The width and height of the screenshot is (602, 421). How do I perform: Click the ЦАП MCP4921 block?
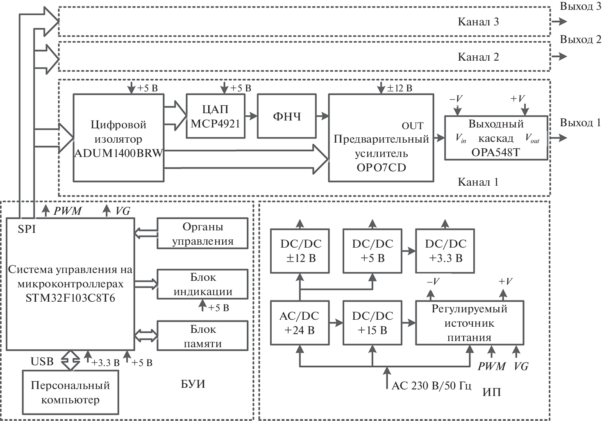tap(216, 116)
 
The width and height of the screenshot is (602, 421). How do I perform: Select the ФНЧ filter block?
tap(287, 116)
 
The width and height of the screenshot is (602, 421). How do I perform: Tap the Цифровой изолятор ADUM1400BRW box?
tap(118, 138)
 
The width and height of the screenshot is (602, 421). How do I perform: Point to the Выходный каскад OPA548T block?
tap(496, 138)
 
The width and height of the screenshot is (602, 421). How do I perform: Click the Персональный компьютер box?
tap(70, 392)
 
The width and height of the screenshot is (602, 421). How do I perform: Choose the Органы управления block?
tap(202, 234)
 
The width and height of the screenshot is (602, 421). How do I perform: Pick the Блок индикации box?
tap(202, 284)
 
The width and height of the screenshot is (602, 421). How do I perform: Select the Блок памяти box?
tap(202, 336)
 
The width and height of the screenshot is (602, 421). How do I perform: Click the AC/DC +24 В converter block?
tap(300, 323)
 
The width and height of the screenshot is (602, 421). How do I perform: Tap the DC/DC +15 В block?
tap(372, 323)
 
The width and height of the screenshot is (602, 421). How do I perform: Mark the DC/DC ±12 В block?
tap(300, 251)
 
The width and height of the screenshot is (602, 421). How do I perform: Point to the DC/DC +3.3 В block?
tap(445, 251)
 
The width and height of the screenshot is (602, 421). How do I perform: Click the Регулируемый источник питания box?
tap(469, 323)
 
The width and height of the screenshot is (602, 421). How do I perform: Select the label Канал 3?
tap(478, 22)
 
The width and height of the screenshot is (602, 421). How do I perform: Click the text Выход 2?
tap(580, 40)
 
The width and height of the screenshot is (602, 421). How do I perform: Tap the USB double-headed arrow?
tap(70, 360)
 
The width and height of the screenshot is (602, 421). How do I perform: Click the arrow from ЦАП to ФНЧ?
tap(251, 116)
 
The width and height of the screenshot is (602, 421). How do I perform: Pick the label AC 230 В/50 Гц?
tap(432, 386)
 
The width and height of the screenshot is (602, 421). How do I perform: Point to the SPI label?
tap(27, 229)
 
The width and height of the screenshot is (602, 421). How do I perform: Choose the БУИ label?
tap(193, 384)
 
